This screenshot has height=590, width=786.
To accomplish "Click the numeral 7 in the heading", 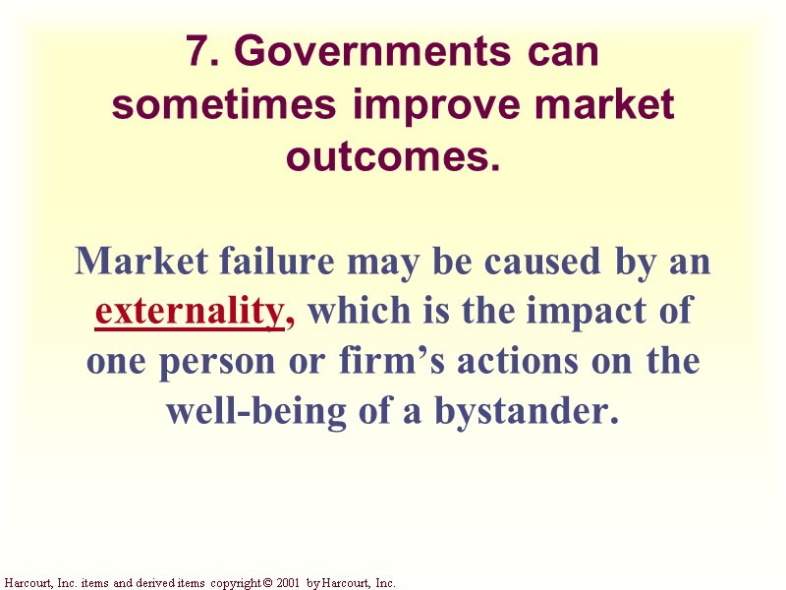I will pos(197,53).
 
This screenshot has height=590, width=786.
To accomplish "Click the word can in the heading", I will pos(559,53).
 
